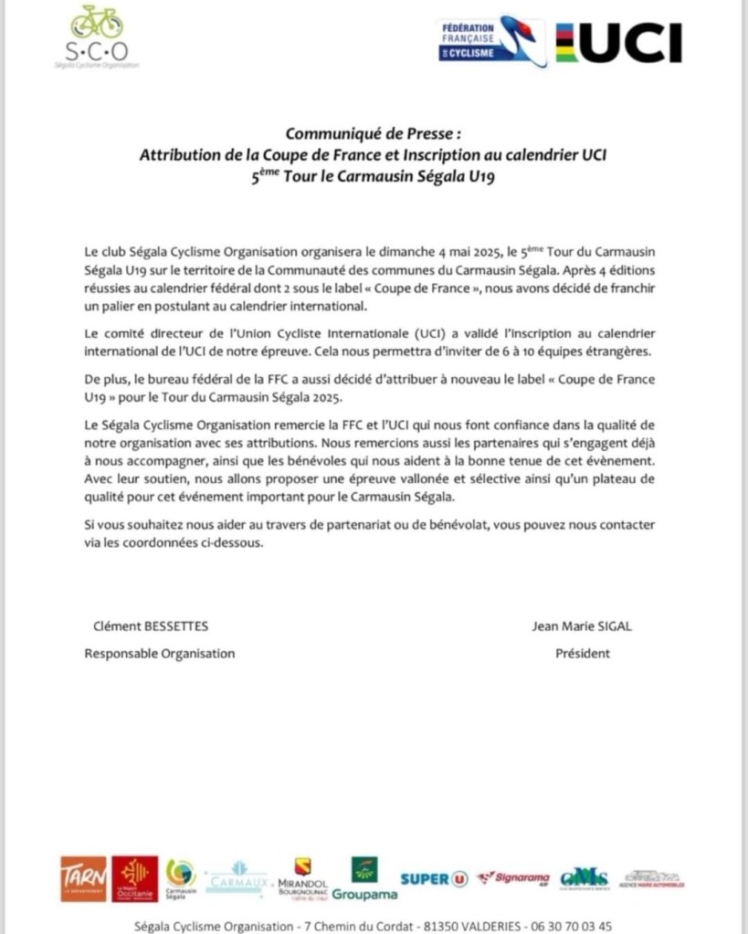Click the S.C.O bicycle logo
click(x=97, y=37)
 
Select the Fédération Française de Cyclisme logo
click(x=490, y=41)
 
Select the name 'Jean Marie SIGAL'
click(x=582, y=626)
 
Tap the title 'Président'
click(x=583, y=654)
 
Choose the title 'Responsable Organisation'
click(x=160, y=654)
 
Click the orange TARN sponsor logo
click(x=84, y=878)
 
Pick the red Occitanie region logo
click(x=135, y=878)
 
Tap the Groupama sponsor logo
click(x=364, y=878)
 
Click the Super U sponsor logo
click(x=434, y=878)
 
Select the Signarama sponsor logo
click(x=511, y=878)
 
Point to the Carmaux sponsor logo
click(x=237, y=878)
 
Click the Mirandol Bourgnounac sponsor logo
click(x=302, y=878)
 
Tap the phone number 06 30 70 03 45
click(x=578, y=926)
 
